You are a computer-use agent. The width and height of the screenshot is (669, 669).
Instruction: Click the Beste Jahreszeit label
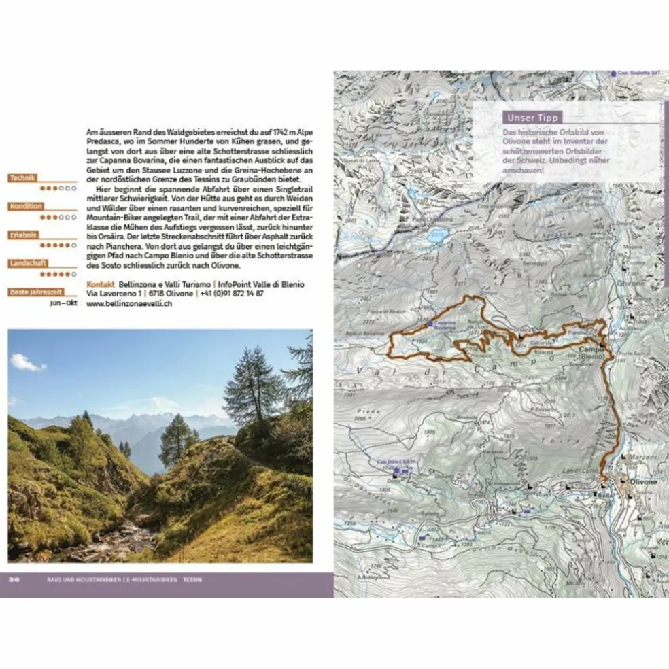36,292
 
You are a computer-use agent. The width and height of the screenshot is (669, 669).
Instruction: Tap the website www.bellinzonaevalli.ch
128,304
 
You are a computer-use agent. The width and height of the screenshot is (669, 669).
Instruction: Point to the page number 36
14,579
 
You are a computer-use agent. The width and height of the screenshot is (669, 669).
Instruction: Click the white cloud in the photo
27,363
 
